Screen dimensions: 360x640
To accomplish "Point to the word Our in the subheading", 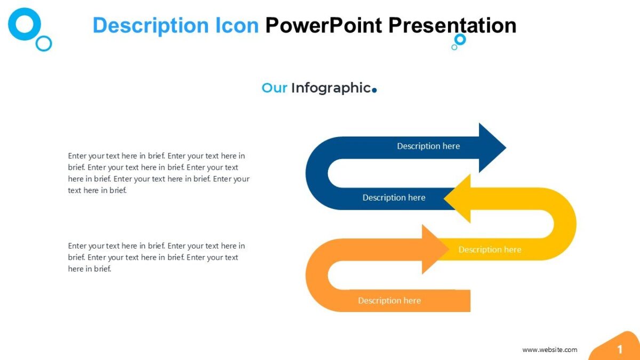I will tap(274, 88).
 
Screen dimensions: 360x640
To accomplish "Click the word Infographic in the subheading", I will tap(330, 88).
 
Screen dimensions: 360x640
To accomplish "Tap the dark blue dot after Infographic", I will tap(374, 90).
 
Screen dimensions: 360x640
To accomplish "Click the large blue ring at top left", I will tap(25, 24).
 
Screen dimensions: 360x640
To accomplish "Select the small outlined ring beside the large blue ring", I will tap(44, 43).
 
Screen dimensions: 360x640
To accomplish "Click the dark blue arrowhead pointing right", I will tap(491, 148).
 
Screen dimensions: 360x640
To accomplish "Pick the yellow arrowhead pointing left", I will tap(459, 199).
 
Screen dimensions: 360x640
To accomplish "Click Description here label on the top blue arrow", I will tap(428, 146).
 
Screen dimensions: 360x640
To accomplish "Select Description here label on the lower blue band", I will tap(394, 198).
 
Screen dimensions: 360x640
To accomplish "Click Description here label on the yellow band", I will tap(490, 250).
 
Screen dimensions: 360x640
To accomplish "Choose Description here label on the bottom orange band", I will tap(389, 301).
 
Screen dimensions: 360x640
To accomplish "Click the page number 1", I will tap(620, 350).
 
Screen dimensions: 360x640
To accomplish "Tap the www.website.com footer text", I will tap(549, 350).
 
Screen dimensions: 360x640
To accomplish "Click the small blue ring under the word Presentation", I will tap(460, 39).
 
